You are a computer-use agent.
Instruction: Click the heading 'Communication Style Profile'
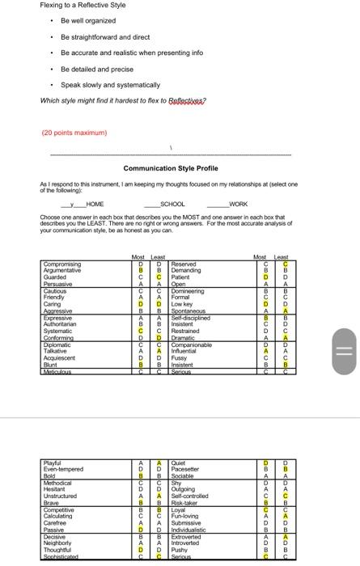click(170, 168)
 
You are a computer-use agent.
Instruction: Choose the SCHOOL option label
click(172, 205)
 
